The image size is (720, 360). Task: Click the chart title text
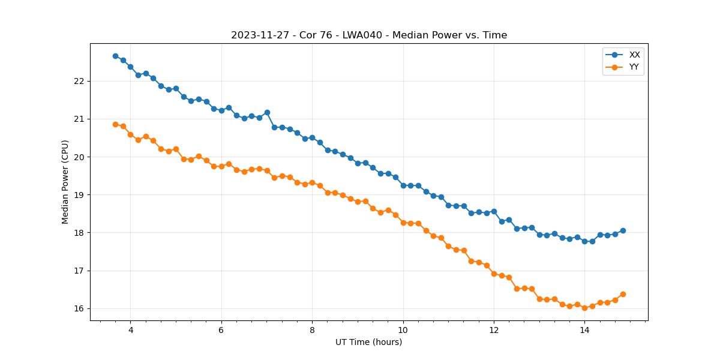tap(369, 35)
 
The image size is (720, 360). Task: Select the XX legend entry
tap(634, 55)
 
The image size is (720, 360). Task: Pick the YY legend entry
tap(634, 67)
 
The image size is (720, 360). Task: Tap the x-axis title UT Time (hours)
tap(368, 342)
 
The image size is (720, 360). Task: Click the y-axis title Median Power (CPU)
tap(65, 182)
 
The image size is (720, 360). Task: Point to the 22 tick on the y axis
tap(79, 81)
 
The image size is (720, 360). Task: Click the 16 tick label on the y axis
tap(79, 308)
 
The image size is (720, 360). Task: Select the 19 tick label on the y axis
tap(79, 195)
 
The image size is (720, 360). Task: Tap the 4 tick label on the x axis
tap(130, 330)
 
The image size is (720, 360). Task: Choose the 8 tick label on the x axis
tap(312, 330)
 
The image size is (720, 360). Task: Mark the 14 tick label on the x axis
tap(584, 330)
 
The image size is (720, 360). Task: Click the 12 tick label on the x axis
tap(494, 330)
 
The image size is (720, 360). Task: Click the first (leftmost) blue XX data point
tap(115, 56)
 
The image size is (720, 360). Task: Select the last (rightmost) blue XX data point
tap(623, 230)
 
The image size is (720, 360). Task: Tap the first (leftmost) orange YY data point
tap(115, 124)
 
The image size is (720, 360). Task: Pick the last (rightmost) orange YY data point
tap(623, 294)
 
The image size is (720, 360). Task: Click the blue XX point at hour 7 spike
tap(267, 112)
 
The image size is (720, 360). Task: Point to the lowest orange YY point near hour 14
tap(584, 308)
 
